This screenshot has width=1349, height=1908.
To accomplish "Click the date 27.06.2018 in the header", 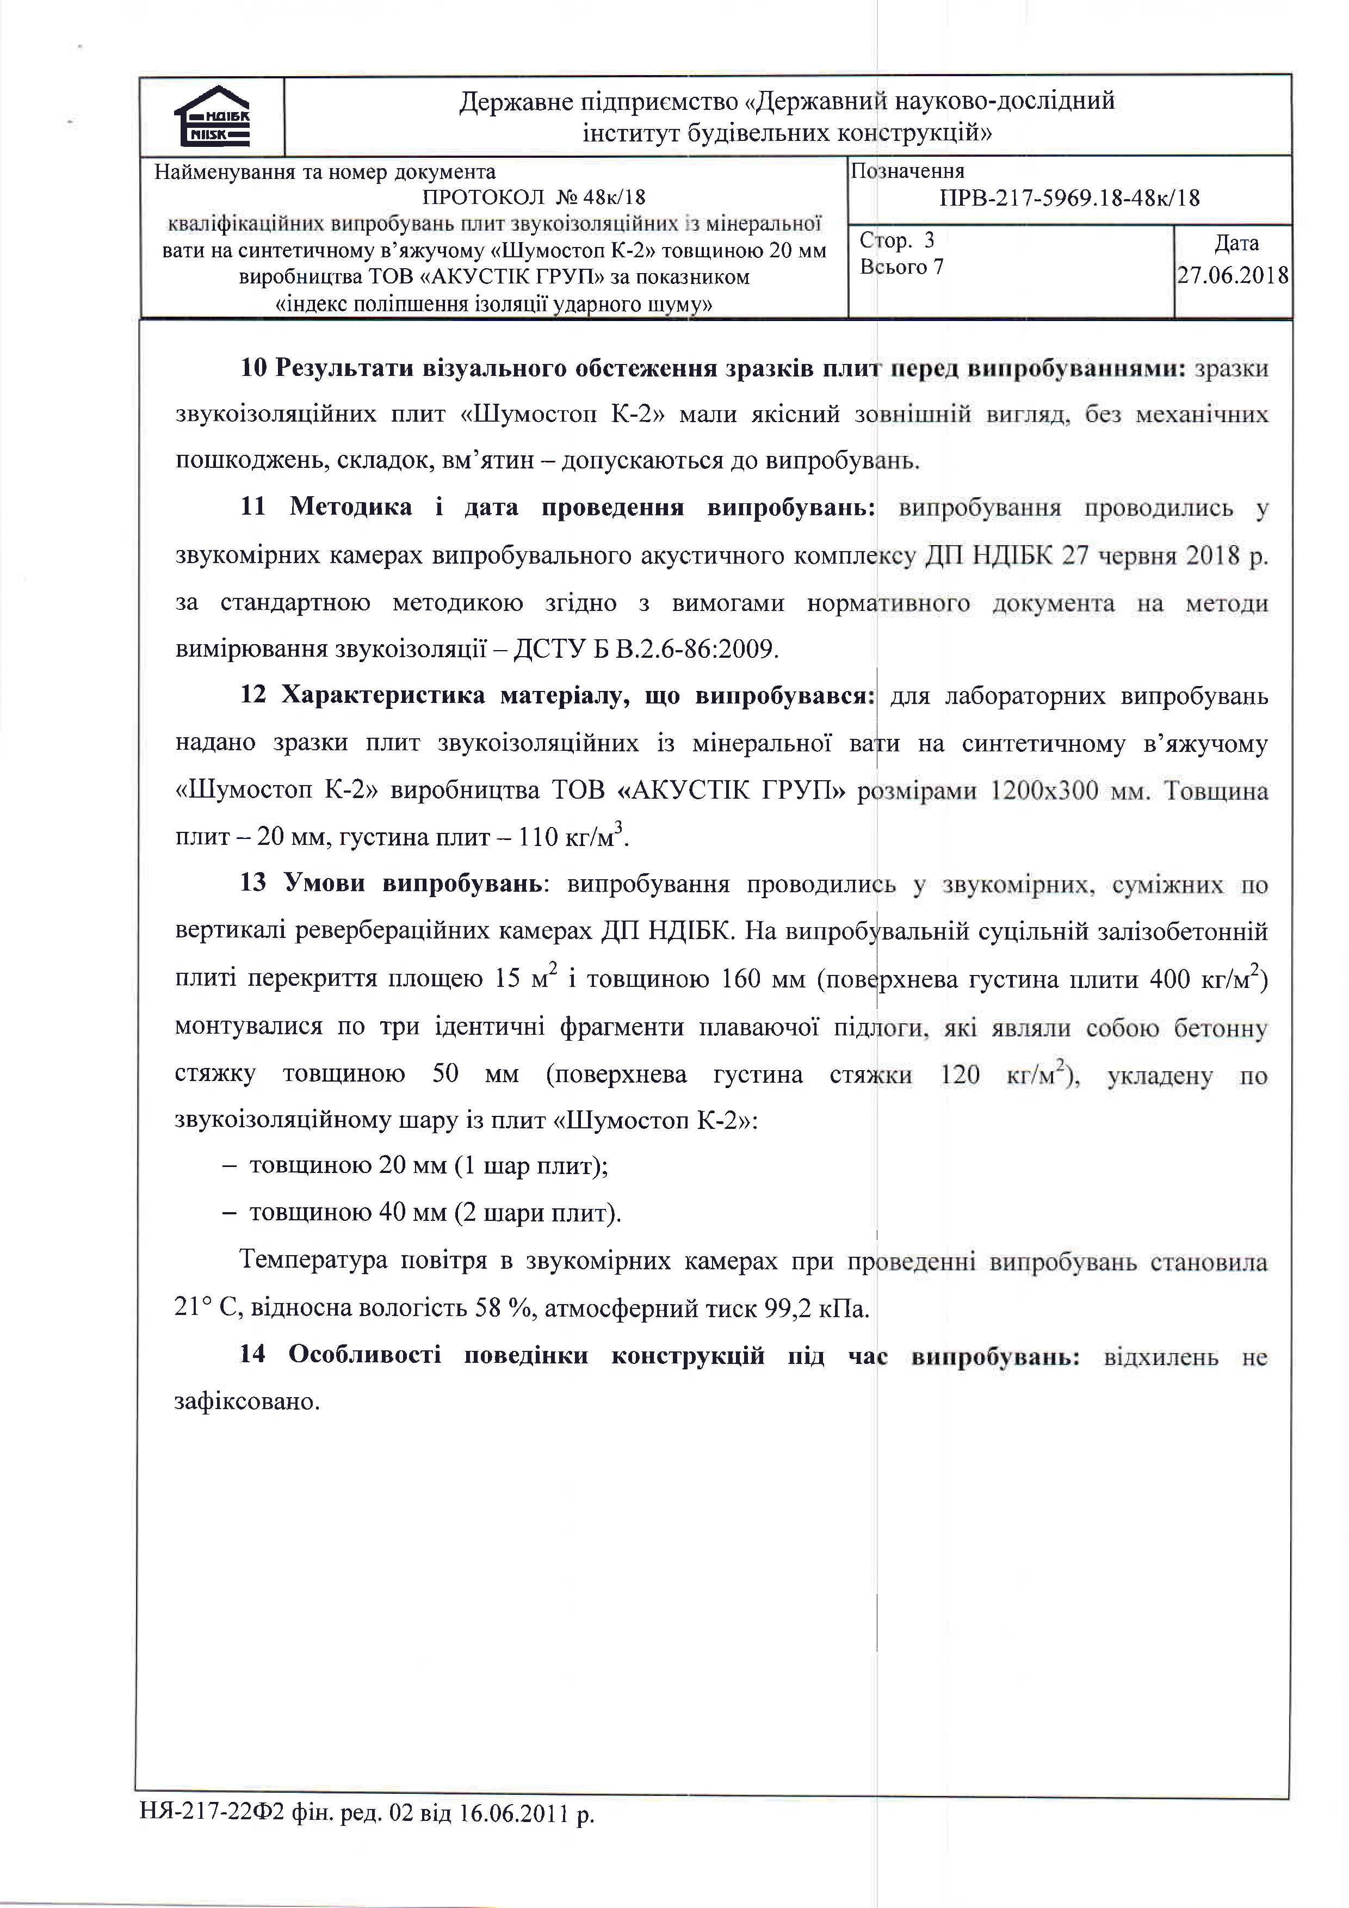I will (x=1233, y=276).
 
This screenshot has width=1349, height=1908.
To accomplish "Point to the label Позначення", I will (x=908, y=171).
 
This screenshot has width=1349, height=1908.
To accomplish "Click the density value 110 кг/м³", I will (x=571, y=836).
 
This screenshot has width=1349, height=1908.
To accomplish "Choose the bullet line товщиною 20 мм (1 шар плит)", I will (x=428, y=1166).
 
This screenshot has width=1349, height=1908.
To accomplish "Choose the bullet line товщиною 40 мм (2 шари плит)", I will (x=435, y=1213).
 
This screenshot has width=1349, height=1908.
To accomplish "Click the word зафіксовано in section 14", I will (x=247, y=1402).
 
